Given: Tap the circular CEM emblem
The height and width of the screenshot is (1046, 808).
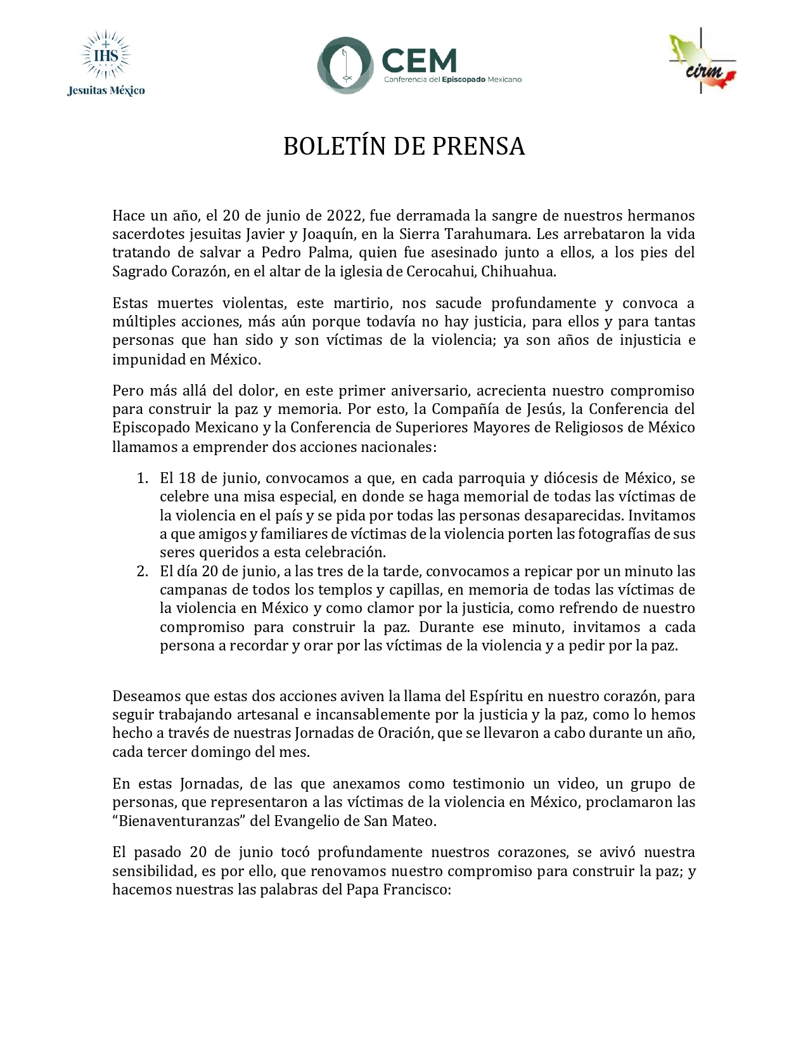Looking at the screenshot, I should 345,65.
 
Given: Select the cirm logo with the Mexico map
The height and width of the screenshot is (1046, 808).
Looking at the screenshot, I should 703,61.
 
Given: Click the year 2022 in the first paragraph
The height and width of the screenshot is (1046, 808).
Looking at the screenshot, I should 344,216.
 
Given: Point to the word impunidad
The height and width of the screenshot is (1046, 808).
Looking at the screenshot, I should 146,359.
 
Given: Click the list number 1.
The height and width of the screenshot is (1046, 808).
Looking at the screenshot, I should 142,477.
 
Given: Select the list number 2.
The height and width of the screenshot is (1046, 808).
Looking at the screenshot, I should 142,571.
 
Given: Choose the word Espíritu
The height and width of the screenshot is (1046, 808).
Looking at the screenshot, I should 496,696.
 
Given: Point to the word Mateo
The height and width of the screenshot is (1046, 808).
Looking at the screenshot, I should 414,821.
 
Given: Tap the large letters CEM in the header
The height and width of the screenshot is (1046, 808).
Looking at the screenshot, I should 419,61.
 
